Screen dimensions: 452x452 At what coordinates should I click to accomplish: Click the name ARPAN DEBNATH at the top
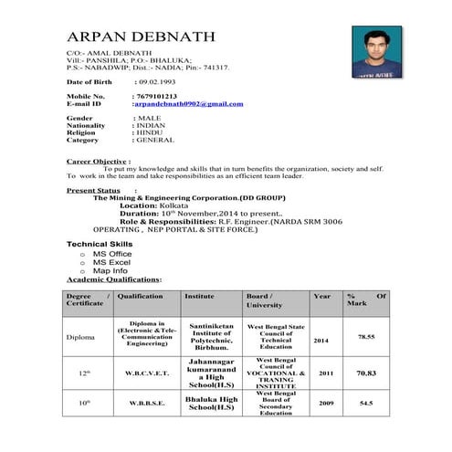[141, 37]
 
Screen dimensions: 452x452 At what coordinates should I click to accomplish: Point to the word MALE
[150, 119]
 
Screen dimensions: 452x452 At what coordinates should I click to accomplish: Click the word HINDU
[152, 133]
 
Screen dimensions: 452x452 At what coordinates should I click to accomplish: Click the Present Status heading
[93, 190]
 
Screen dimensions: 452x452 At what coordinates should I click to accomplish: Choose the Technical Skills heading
[100, 245]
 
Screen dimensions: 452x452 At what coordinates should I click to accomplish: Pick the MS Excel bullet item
[110, 262]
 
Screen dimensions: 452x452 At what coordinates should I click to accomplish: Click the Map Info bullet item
[110, 270]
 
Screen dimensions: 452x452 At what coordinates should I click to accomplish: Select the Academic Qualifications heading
[113, 279]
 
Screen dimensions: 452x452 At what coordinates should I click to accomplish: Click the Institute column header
[199, 297]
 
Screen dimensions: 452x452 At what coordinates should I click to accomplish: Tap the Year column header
[321, 297]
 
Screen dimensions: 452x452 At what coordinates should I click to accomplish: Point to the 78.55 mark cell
[366, 337]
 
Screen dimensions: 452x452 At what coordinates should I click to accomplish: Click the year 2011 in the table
[325, 373]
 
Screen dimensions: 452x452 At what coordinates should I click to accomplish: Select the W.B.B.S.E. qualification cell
[146, 403]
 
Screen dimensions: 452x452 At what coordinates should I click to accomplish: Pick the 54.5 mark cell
[366, 403]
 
